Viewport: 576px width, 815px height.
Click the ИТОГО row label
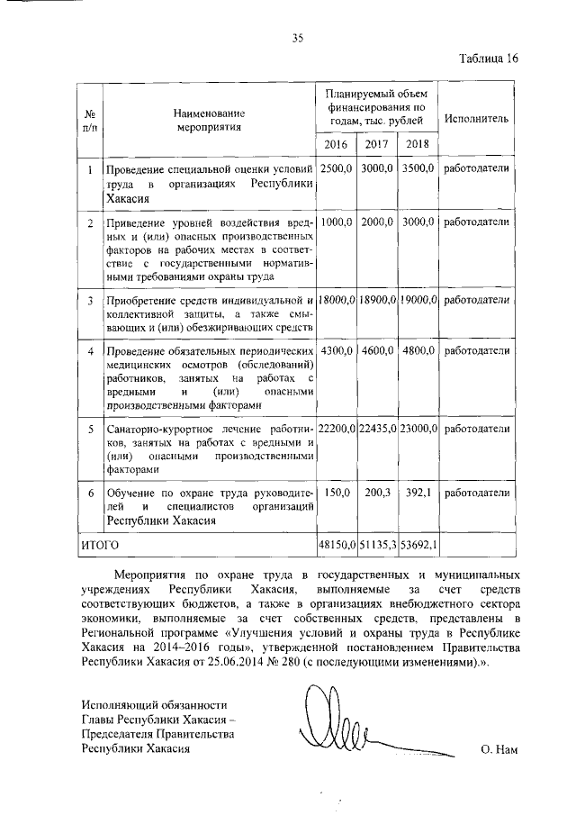coord(100,545)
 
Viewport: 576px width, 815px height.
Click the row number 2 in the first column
coord(90,222)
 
